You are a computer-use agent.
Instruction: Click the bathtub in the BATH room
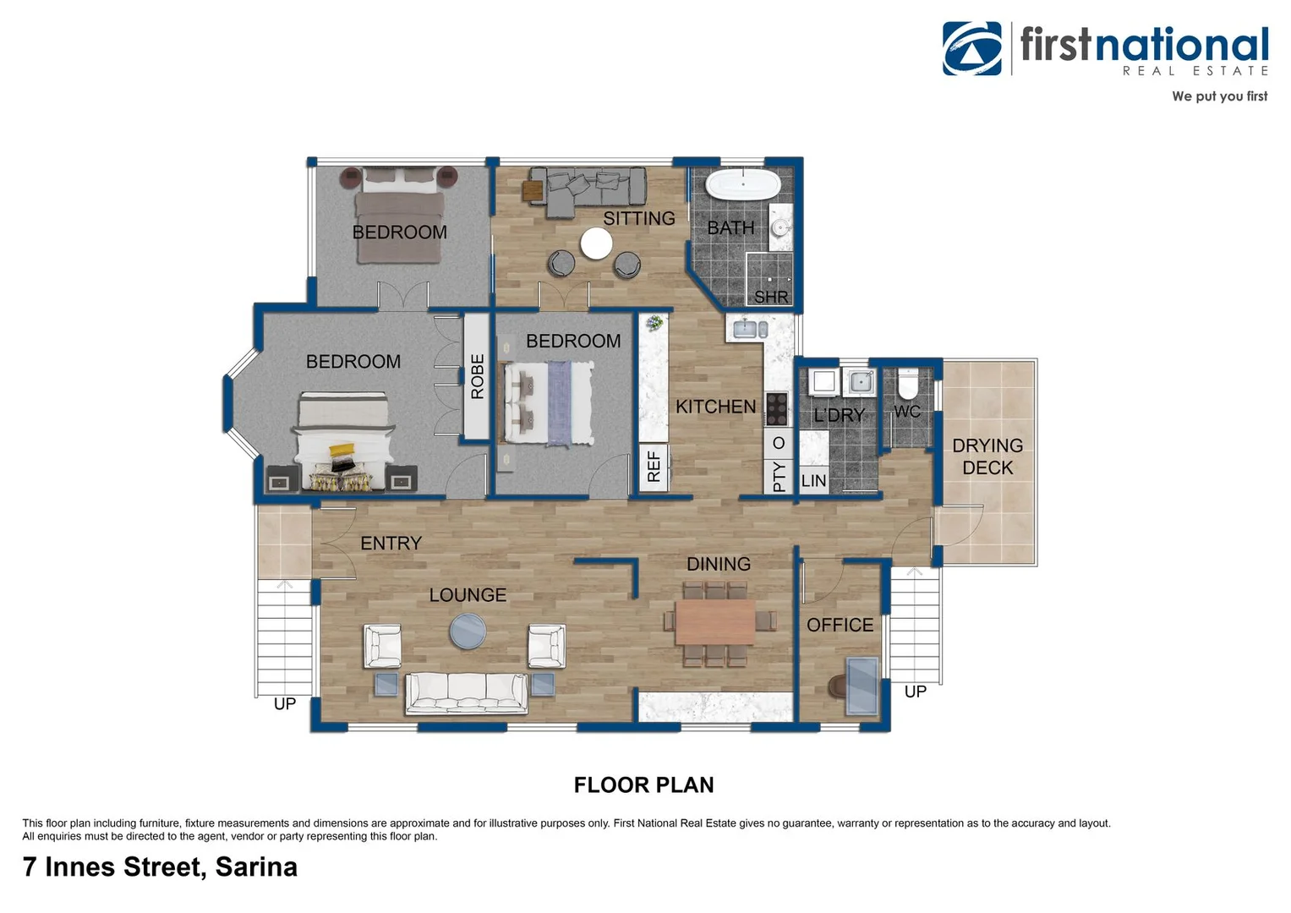[x=743, y=184]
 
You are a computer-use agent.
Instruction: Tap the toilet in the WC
[x=907, y=384]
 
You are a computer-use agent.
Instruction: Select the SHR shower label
[x=770, y=297]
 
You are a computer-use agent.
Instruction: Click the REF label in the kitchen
[x=654, y=467]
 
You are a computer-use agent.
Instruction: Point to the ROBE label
[x=477, y=376]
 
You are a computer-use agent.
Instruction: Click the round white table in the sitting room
[x=596, y=243]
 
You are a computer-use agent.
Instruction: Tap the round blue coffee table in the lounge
[x=468, y=631]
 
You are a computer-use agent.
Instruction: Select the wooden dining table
[x=714, y=622]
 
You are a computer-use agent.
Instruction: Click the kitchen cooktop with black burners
[x=776, y=408]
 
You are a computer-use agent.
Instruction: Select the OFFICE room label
[x=840, y=625]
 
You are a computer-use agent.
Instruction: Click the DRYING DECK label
[x=987, y=456]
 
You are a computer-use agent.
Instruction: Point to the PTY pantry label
[x=779, y=477]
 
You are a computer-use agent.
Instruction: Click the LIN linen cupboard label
[x=813, y=480]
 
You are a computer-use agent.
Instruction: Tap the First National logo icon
[x=971, y=48]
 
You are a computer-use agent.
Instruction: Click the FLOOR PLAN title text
[x=643, y=785]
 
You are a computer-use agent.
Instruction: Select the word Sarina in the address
[x=256, y=867]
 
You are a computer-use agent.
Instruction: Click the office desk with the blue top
[x=862, y=686]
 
